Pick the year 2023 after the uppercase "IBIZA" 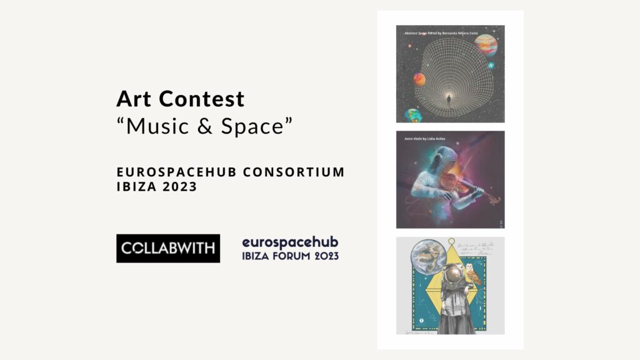[x=179, y=186]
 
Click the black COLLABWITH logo [x=167, y=248]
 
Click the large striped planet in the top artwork [x=486, y=45]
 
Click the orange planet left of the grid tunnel [x=419, y=79]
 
